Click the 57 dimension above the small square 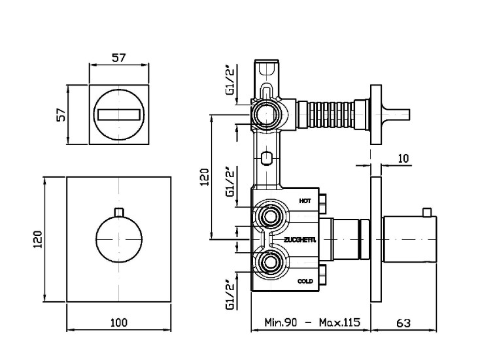tap(118, 57)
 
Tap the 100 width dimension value tap(118, 322)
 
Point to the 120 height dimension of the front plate tap(37, 239)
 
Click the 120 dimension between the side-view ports tap(204, 176)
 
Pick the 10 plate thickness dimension tap(403, 157)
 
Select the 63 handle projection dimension tap(403, 322)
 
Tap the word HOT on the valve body tap(304, 201)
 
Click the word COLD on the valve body tap(305, 281)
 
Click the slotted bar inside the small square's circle tap(118, 115)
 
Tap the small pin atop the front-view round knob tap(118, 212)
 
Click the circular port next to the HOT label tap(269, 216)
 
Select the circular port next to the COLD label tap(269, 264)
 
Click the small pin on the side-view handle tap(426, 212)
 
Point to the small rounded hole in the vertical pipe tap(265, 157)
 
